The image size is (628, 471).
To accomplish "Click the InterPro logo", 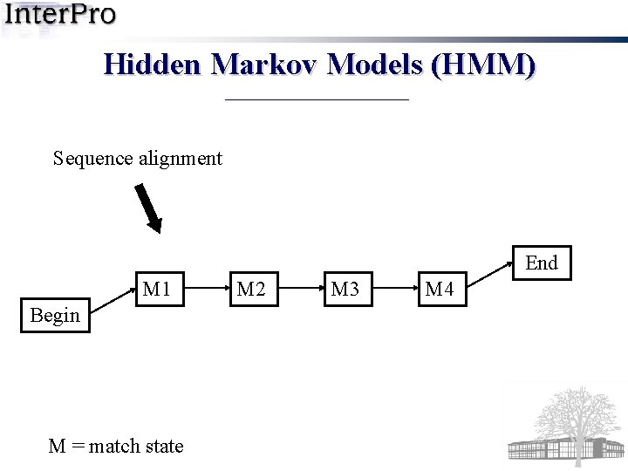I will coord(61,16).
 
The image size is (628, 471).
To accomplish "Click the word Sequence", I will coord(92,159).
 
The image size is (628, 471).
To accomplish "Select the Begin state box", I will coord(55,315).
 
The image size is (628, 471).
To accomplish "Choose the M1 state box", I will coord(157,289).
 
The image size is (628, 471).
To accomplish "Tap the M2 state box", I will coord(251,289).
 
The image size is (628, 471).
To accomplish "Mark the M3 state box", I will coord(345,289).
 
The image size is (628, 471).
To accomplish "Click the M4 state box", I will coord(440,289).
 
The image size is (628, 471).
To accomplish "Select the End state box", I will coord(542,263).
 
